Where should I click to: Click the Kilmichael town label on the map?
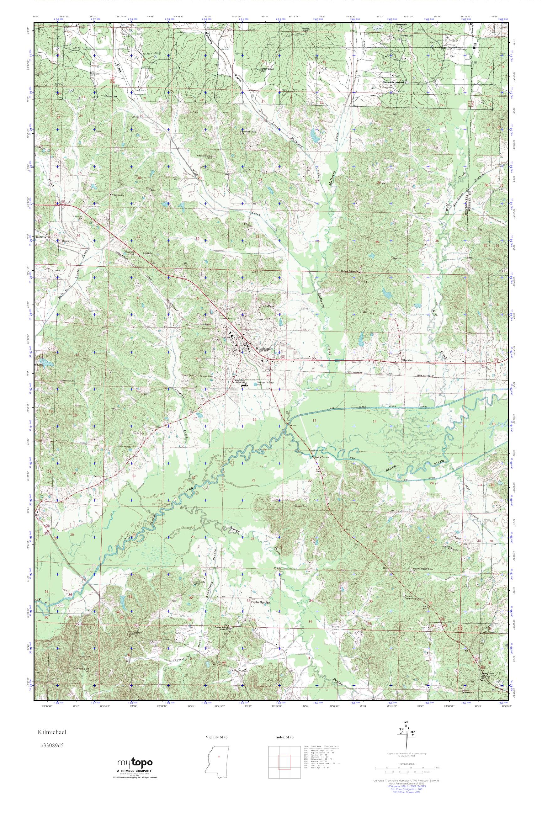tap(264, 349)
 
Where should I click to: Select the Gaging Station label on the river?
tap(322, 457)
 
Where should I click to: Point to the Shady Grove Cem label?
tap(267, 70)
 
